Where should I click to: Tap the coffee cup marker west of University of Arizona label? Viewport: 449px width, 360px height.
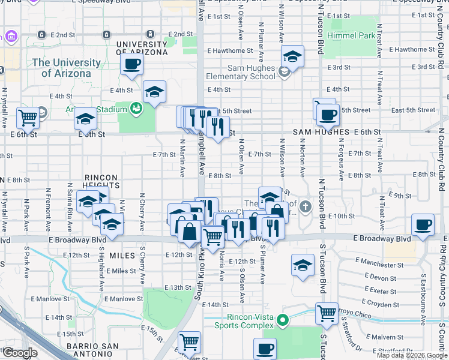coord(132,64)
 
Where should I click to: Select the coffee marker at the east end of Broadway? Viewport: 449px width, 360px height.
coord(423,225)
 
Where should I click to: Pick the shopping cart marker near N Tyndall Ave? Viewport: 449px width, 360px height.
coord(28,118)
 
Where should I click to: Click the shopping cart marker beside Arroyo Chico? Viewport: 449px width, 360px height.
coord(327,313)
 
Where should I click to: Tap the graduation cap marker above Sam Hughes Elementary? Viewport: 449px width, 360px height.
coord(292,56)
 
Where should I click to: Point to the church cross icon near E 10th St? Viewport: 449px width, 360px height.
coord(306,208)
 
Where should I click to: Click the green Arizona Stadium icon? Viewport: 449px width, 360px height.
coord(136,108)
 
